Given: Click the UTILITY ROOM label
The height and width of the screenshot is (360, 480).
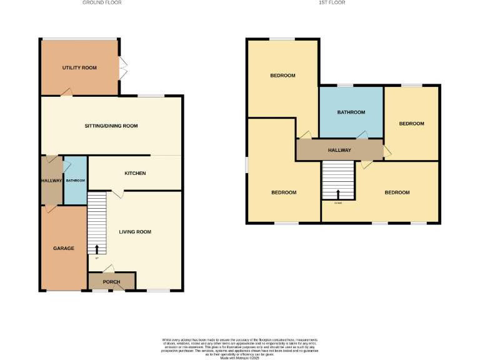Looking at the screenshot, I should (x=79, y=67).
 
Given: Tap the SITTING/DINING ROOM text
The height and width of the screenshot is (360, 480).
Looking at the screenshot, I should (x=111, y=126).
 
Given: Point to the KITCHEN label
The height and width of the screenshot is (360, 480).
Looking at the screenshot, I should (x=135, y=172).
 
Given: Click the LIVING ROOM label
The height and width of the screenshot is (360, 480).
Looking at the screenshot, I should (x=136, y=232).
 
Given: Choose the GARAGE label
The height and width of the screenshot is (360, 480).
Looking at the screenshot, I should (x=64, y=248).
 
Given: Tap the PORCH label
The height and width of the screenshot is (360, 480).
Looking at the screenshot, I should (x=111, y=282).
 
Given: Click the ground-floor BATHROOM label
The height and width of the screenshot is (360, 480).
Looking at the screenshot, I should (x=76, y=181).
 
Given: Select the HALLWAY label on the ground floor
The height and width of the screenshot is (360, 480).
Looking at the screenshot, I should (x=52, y=181).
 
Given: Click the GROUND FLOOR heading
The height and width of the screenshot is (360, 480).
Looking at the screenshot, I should (x=102, y=2).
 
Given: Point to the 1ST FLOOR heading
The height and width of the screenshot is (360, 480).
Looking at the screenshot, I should (x=332, y=2).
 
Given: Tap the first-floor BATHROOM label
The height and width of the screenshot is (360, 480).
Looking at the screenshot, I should (x=351, y=112).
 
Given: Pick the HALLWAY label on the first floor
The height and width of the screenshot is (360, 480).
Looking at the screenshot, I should (x=339, y=150).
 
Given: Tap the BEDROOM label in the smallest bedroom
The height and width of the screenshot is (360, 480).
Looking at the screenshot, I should (x=412, y=124).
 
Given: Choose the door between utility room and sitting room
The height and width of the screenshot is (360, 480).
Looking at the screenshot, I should (x=66, y=92).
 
